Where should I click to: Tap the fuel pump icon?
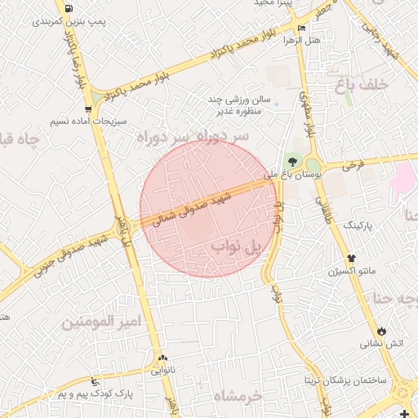66,8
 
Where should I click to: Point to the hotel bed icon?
302,28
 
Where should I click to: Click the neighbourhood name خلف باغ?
359,83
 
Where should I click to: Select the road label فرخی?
353,165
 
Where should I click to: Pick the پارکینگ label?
358,223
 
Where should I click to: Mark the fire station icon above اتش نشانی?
381,330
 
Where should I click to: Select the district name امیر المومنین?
103,322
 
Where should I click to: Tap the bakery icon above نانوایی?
162,358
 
